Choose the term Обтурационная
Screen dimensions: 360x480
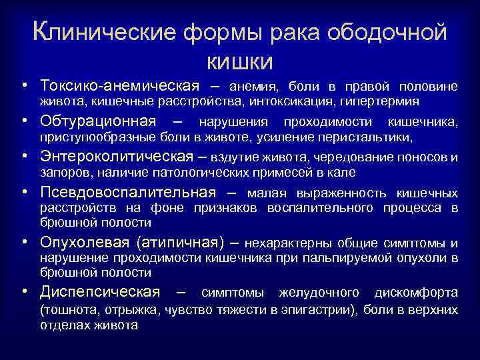tap(107, 122)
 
